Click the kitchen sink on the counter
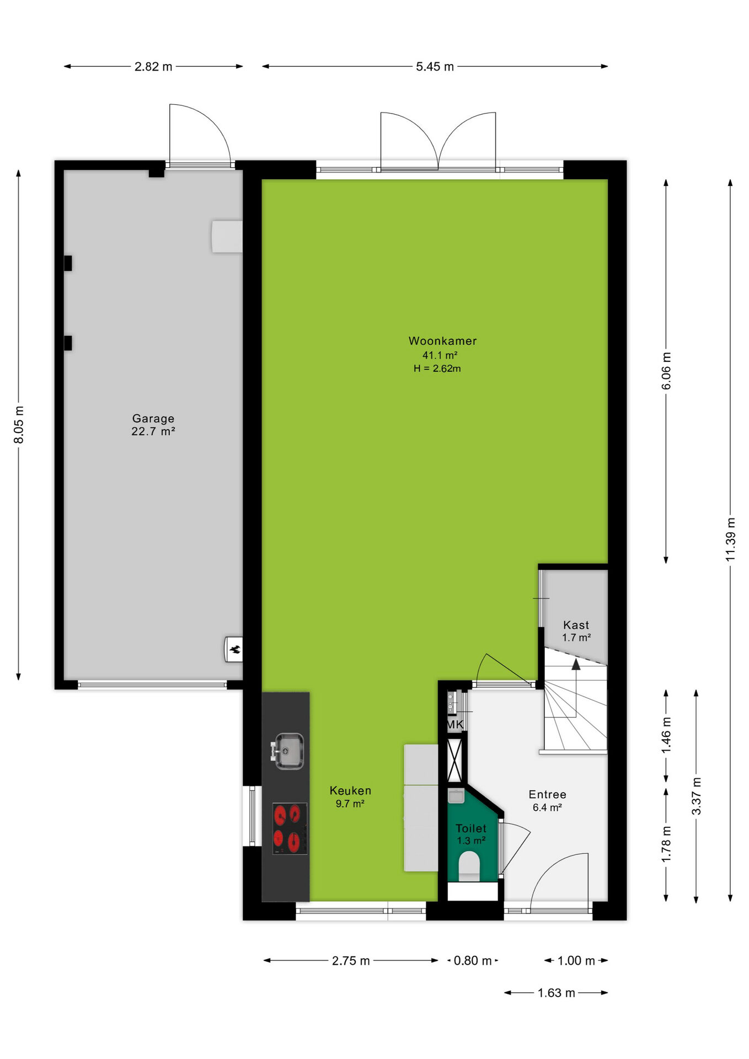pos(287,751)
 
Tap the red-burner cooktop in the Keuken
pos(290,828)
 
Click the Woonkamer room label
pos(442,341)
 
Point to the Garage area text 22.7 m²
pos(153,431)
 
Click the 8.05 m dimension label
pos(19,424)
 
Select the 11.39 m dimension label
pos(730,539)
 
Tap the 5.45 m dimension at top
pos(435,67)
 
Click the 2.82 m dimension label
pos(153,67)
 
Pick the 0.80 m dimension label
pos(473,961)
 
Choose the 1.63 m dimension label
pos(557,993)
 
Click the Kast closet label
pos(576,625)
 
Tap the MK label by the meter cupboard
pos(455,724)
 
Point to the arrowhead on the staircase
pos(576,664)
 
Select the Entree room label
pos(547,794)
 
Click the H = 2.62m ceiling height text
pos(437,368)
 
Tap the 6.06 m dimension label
pos(666,371)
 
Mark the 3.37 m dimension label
pos(697,796)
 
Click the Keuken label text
pos(350,790)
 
